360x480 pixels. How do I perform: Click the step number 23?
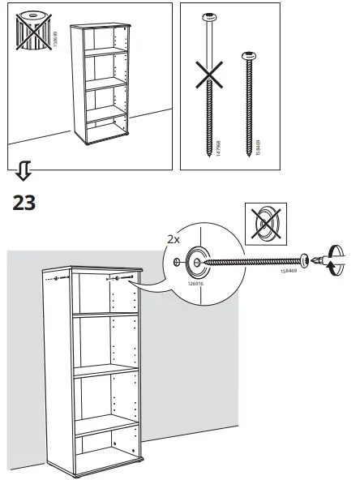coord(25,202)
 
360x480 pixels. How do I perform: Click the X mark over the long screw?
coord(212,84)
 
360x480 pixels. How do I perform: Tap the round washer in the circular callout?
coord(196,260)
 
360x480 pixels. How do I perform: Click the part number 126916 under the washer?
coord(195,285)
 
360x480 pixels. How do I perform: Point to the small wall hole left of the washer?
coord(177,261)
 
